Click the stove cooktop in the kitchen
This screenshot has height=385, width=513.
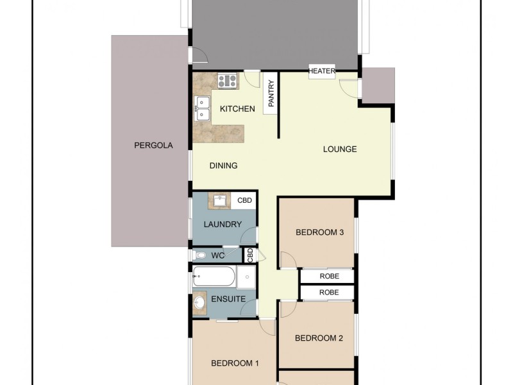[228, 81]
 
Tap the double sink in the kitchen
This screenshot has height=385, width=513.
[203, 108]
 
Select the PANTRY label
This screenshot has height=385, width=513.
[271, 94]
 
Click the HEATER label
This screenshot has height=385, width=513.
[322, 71]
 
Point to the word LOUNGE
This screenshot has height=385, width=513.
[340, 150]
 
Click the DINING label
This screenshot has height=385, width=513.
[223, 166]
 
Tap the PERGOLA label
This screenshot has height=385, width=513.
[153, 146]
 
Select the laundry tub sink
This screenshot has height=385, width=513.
[220, 200]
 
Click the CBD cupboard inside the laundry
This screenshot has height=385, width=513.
[245, 200]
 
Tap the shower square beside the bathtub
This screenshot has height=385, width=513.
[246, 278]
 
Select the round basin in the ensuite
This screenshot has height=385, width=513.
[199, 302]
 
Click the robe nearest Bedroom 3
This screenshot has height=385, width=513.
[328, 276]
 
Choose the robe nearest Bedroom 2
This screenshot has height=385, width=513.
[328, 292]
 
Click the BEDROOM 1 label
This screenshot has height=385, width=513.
[235, 363]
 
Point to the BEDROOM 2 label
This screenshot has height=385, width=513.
[319, 338]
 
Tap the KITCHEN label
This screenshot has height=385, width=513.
[237, 109]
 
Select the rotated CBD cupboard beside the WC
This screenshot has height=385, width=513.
[250, 255]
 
